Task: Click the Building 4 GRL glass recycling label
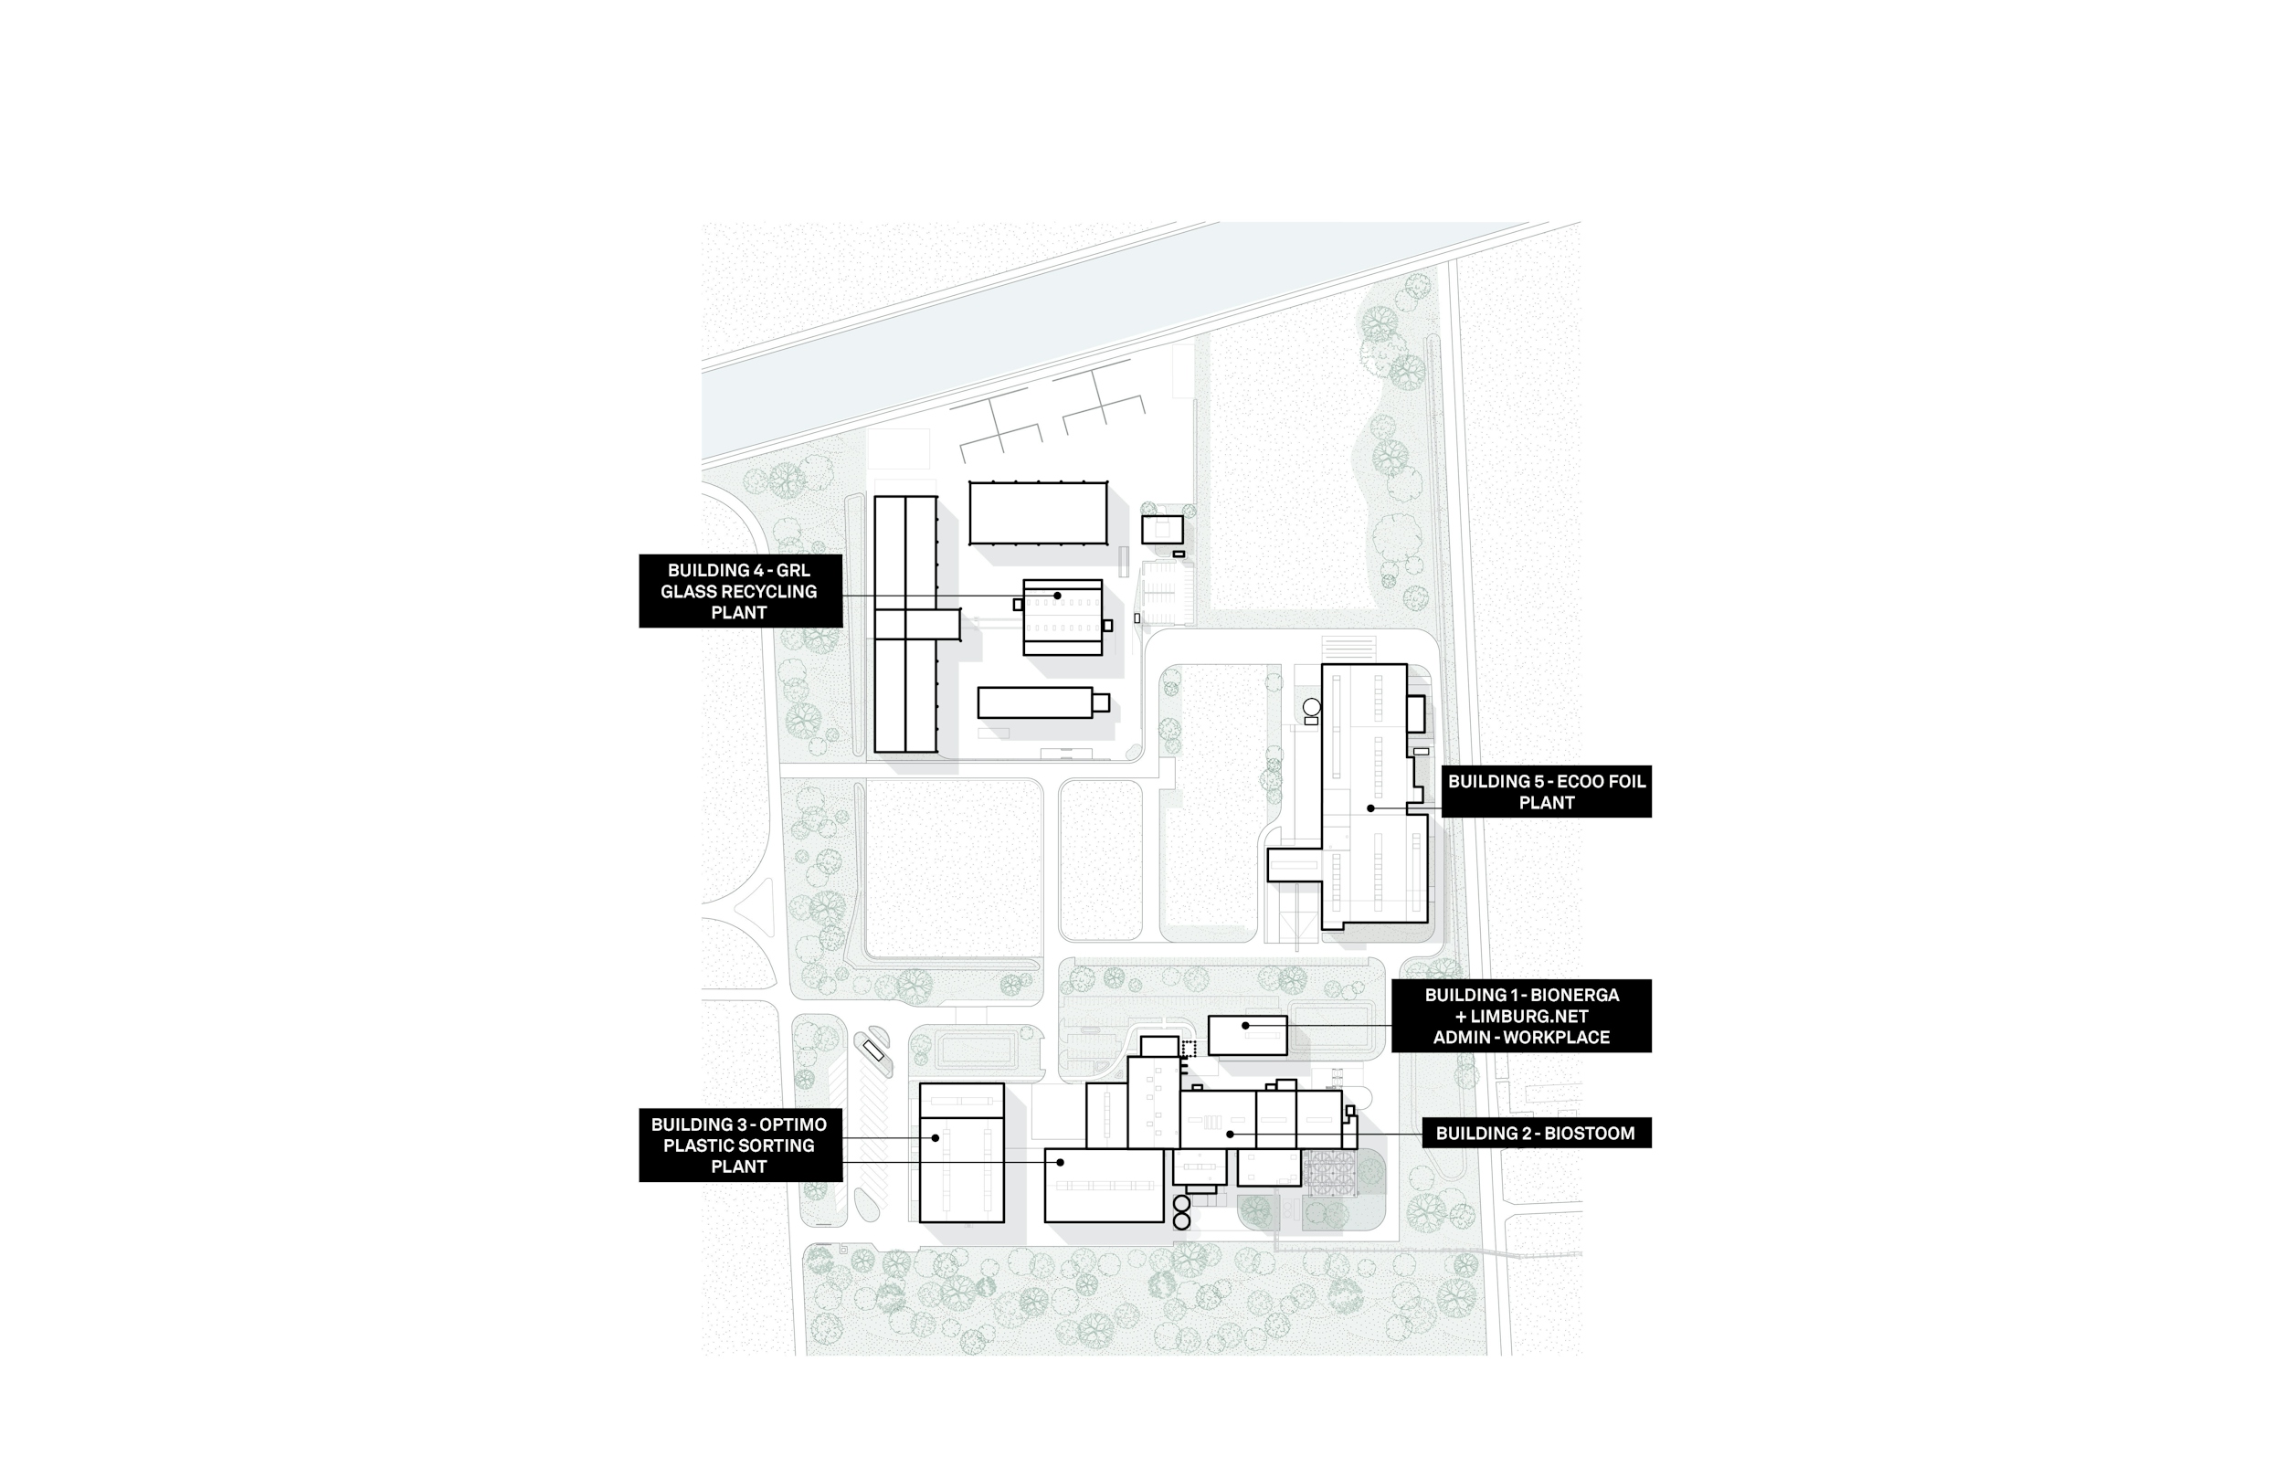[x=740, y=591]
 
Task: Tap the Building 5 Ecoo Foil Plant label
[x=1545, y=792]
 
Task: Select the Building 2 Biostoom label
[x=1535, y=1134]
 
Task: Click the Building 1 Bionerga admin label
[x=1521, y=1017]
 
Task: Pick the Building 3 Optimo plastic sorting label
[x=740, y=1145]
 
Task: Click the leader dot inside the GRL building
[x=1058, y=596]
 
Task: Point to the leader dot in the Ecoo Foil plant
[x=1370, y=809]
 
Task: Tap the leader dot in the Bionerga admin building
[x=1245, y=1026]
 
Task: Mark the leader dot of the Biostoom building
[x=1231, y=1135]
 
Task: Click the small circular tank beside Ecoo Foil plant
[x=1312, y=707]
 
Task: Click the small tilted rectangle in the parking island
[x=873, y=1050]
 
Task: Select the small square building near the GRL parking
[x=1161, y=530]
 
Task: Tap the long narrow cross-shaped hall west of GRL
[x=906, y=624]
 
